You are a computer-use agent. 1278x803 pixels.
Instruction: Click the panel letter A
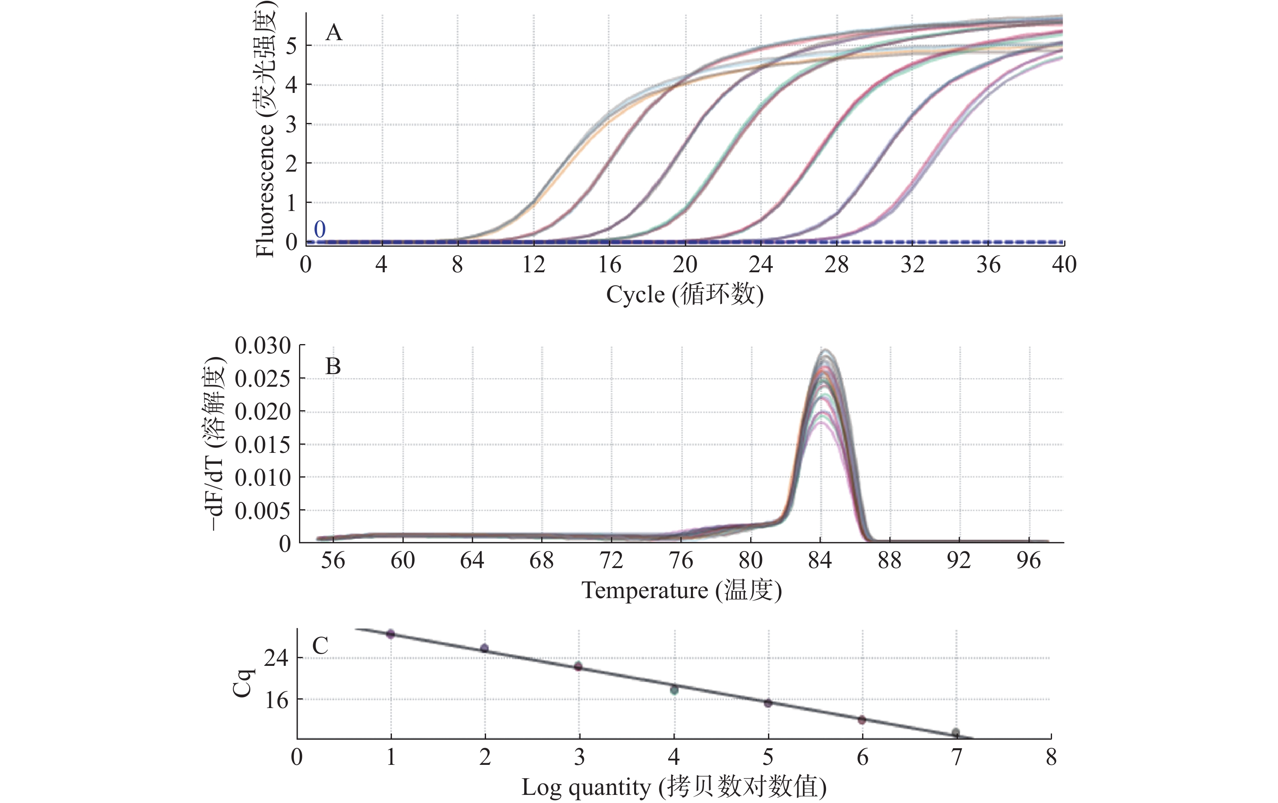(333, 33)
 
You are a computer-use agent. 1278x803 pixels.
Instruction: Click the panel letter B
(333, 366)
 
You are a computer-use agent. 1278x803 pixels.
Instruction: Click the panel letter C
(320, 646)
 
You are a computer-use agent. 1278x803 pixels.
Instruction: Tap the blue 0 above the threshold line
(320, 229)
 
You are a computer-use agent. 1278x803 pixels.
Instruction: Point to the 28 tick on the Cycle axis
(837, 264)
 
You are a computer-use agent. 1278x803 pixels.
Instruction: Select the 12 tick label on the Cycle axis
(534, 264)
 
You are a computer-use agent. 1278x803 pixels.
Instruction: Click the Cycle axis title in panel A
(685, 295)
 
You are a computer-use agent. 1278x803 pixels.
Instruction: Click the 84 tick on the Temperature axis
(820, 560)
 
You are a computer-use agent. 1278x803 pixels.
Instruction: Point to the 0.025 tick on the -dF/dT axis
(263, 379)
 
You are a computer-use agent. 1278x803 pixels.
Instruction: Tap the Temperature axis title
(682, 590)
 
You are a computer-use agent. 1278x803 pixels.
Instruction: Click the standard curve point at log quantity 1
(391, 634)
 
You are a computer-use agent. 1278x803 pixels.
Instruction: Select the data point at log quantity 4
(674, 690)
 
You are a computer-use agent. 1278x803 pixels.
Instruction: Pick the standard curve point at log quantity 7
(955, 732)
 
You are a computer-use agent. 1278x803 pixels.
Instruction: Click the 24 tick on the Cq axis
(276, 658)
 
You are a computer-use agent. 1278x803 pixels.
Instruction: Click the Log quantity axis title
(674, 787)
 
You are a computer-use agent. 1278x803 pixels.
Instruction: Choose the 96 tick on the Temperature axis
(1028, 560)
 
